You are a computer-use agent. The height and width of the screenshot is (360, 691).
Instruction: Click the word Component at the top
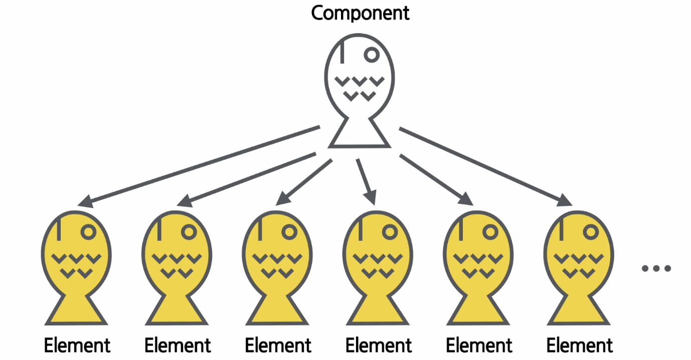(360, 13)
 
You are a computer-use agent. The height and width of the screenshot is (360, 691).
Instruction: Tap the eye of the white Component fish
(372, 54)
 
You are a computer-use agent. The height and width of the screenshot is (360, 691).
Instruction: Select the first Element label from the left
(77, 345)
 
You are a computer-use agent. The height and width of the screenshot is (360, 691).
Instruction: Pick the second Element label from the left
(178, 345)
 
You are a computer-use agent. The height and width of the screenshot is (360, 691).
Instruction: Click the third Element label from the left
(278, 345)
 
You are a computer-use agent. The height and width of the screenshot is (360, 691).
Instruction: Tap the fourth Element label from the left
(379, 345)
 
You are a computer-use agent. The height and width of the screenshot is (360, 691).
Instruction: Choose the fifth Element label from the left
(479, 345)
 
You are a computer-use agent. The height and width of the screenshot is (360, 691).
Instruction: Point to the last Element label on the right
(579, 345)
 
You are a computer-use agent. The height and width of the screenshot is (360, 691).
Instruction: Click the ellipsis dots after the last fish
(656, 269)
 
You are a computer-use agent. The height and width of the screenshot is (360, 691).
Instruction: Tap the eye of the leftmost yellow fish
(89, 232)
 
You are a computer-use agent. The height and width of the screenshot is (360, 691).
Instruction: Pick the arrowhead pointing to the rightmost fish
(565, 201)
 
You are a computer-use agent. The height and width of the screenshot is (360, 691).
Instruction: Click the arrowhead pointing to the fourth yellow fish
(371, 198)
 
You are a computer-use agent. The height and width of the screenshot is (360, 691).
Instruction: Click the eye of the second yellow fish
(189, 232)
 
